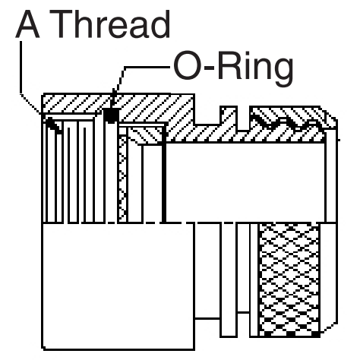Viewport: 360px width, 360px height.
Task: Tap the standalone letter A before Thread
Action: click(27, 24)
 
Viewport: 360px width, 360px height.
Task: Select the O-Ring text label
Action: click(233, 67)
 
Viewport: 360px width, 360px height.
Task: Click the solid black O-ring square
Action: click(112, 115)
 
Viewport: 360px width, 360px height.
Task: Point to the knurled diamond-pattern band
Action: click(289, 280)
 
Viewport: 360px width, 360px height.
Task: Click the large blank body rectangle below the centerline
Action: click(118, 286)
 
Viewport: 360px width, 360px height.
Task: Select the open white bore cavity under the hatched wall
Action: click(245, 182)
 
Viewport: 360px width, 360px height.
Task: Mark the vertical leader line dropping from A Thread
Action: click(21, 68)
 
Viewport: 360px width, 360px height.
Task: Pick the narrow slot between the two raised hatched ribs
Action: click(243, 118)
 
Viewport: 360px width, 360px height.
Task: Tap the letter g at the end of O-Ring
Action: click(283, 71)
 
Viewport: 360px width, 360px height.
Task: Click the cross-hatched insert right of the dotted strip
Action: click(145, 135)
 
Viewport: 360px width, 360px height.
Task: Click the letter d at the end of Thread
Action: click(159, 24)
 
